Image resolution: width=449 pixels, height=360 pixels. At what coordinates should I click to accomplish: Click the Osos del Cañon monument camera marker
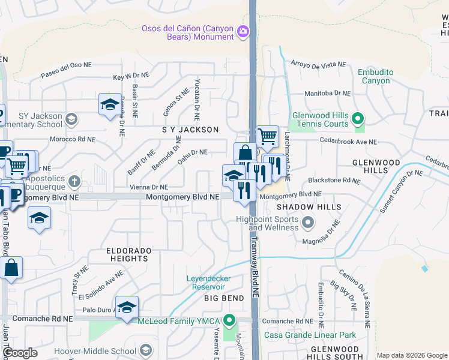click(243, 31)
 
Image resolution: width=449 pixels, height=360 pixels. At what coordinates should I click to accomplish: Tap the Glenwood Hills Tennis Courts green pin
click(358, 119)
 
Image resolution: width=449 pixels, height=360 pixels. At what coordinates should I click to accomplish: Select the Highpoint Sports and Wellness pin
click(308, 223)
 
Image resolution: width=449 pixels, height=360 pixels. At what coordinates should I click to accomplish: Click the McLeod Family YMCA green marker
click(228, 320)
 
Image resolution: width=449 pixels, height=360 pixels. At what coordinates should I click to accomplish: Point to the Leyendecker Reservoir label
click(216, 283)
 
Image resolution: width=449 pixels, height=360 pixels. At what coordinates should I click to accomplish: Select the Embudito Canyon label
click(375, 76)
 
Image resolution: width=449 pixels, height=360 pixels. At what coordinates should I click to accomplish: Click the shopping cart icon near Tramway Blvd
click(267, 137)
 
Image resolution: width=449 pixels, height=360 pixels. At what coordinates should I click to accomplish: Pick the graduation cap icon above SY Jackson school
click(110, 104)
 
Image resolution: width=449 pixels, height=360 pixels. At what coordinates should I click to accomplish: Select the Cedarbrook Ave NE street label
click(348, 142)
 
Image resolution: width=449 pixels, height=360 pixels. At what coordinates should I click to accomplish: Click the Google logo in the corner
click(20, 353)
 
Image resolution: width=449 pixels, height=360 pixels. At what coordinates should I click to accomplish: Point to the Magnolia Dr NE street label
click(331, 232)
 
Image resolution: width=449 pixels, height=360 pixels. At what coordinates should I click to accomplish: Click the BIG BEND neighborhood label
click(224, 298)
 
